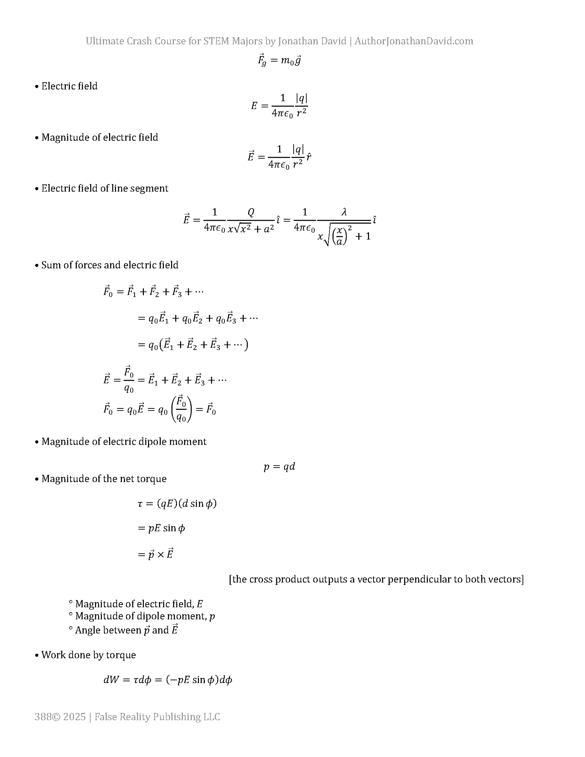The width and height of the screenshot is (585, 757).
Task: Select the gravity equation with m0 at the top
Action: coord(279,60)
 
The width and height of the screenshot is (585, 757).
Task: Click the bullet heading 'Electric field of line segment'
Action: coord(105,188)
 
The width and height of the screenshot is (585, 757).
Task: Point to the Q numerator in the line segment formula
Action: coord(251,212)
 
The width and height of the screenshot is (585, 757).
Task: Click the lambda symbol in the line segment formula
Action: coord(344,212)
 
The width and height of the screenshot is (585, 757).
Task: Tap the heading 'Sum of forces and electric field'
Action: coord(110,265)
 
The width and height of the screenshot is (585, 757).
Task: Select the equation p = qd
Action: coord(279,466)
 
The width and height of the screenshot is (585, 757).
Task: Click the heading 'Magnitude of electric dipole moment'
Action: coord(124,441)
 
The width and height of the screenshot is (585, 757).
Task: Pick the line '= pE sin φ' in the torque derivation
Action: coord(161,528)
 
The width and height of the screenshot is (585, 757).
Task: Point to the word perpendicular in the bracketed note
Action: coord(419,579)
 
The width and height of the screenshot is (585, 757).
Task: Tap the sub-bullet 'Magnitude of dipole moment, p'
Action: coord(145,616)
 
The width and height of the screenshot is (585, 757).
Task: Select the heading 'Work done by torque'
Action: coord(88,655)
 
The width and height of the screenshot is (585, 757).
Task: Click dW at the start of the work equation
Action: coord(111,680)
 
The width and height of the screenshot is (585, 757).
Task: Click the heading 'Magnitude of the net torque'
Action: coord(104,479)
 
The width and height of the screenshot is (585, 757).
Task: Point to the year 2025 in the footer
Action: coord(74,717)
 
